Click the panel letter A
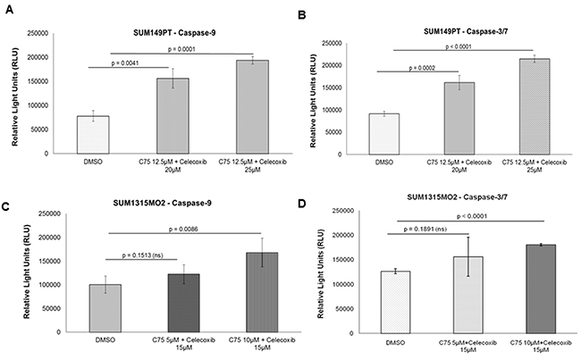(8, 12)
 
